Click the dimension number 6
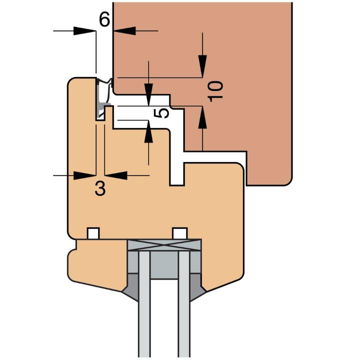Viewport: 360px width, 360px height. pyautogui.click(x=104, y=19)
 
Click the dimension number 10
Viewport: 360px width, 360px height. pyautogui.click(x=215, y=91)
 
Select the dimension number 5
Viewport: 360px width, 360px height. pyautogui.click(x=161, y=113)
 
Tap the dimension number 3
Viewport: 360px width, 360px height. pyautogui.click(x=100, y=188)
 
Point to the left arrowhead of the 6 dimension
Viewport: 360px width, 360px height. pyautogui.click(x=84, y=31)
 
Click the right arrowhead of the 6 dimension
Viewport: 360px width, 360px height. pyautogui.click(x=124, y=31)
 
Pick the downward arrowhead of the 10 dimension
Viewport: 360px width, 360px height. pyautogui.click(x=202, y=66)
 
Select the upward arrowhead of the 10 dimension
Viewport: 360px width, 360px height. pyautogui.click(x=202, y=117)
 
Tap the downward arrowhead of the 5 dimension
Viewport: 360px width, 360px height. pyautogui.click(x=148, y=95)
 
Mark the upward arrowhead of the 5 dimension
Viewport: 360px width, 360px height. pyautogui.click(x=148, y=131)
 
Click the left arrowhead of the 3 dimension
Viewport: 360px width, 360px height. pyautogui.click(x=84, y=175)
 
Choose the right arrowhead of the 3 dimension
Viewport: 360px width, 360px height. pyautogui.click(x=116, y=175)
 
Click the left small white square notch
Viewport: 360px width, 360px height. pyautogui.click(x=93, y=233)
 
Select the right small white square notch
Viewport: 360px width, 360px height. pyautogui.click(x=180, y=233)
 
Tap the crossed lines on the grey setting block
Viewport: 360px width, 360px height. pyautogui.click(x=164, y=245)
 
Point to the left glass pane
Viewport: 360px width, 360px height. pyautogui.click(x=144, y=304)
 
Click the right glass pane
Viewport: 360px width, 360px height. pyautogui.click(x=184, y=304)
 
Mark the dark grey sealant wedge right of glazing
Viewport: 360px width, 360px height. pyautogui.click(x=197, y=287)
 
